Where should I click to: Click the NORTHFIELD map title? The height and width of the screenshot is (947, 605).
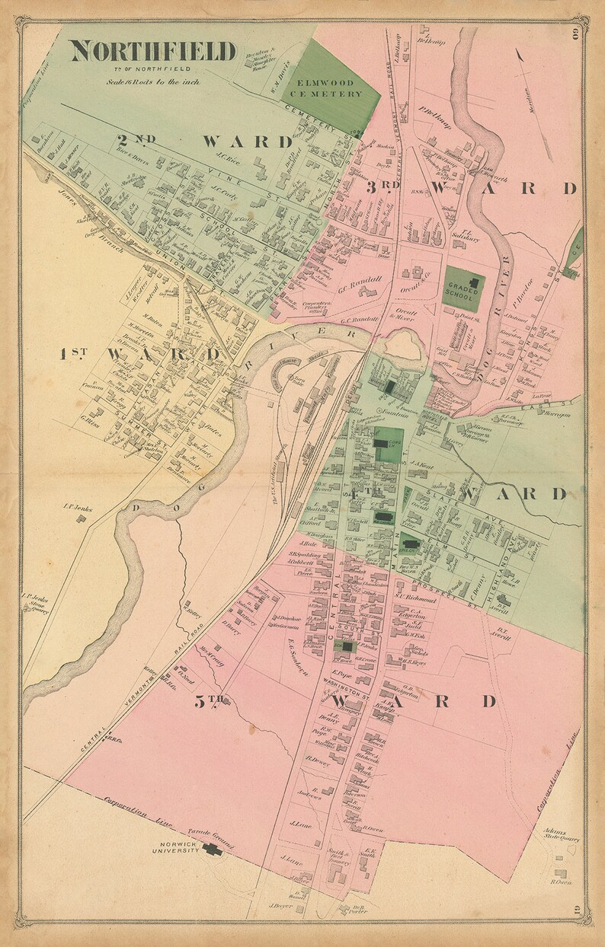point(153,51)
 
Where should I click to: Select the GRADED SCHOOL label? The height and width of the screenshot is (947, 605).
point(464,289)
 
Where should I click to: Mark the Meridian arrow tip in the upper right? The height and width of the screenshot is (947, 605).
point(519,54)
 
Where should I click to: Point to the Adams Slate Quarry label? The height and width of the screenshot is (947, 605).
point(561,835)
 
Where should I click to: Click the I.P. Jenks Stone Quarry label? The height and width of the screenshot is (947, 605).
point(36,603)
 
